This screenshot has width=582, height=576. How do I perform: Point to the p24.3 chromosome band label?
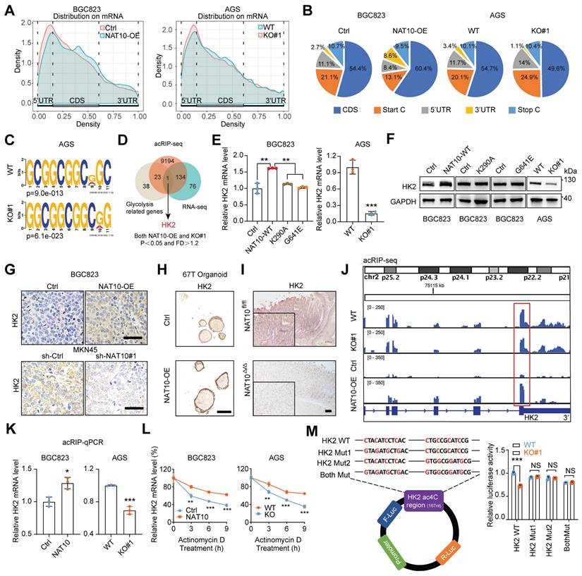(x=429, y=271)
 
